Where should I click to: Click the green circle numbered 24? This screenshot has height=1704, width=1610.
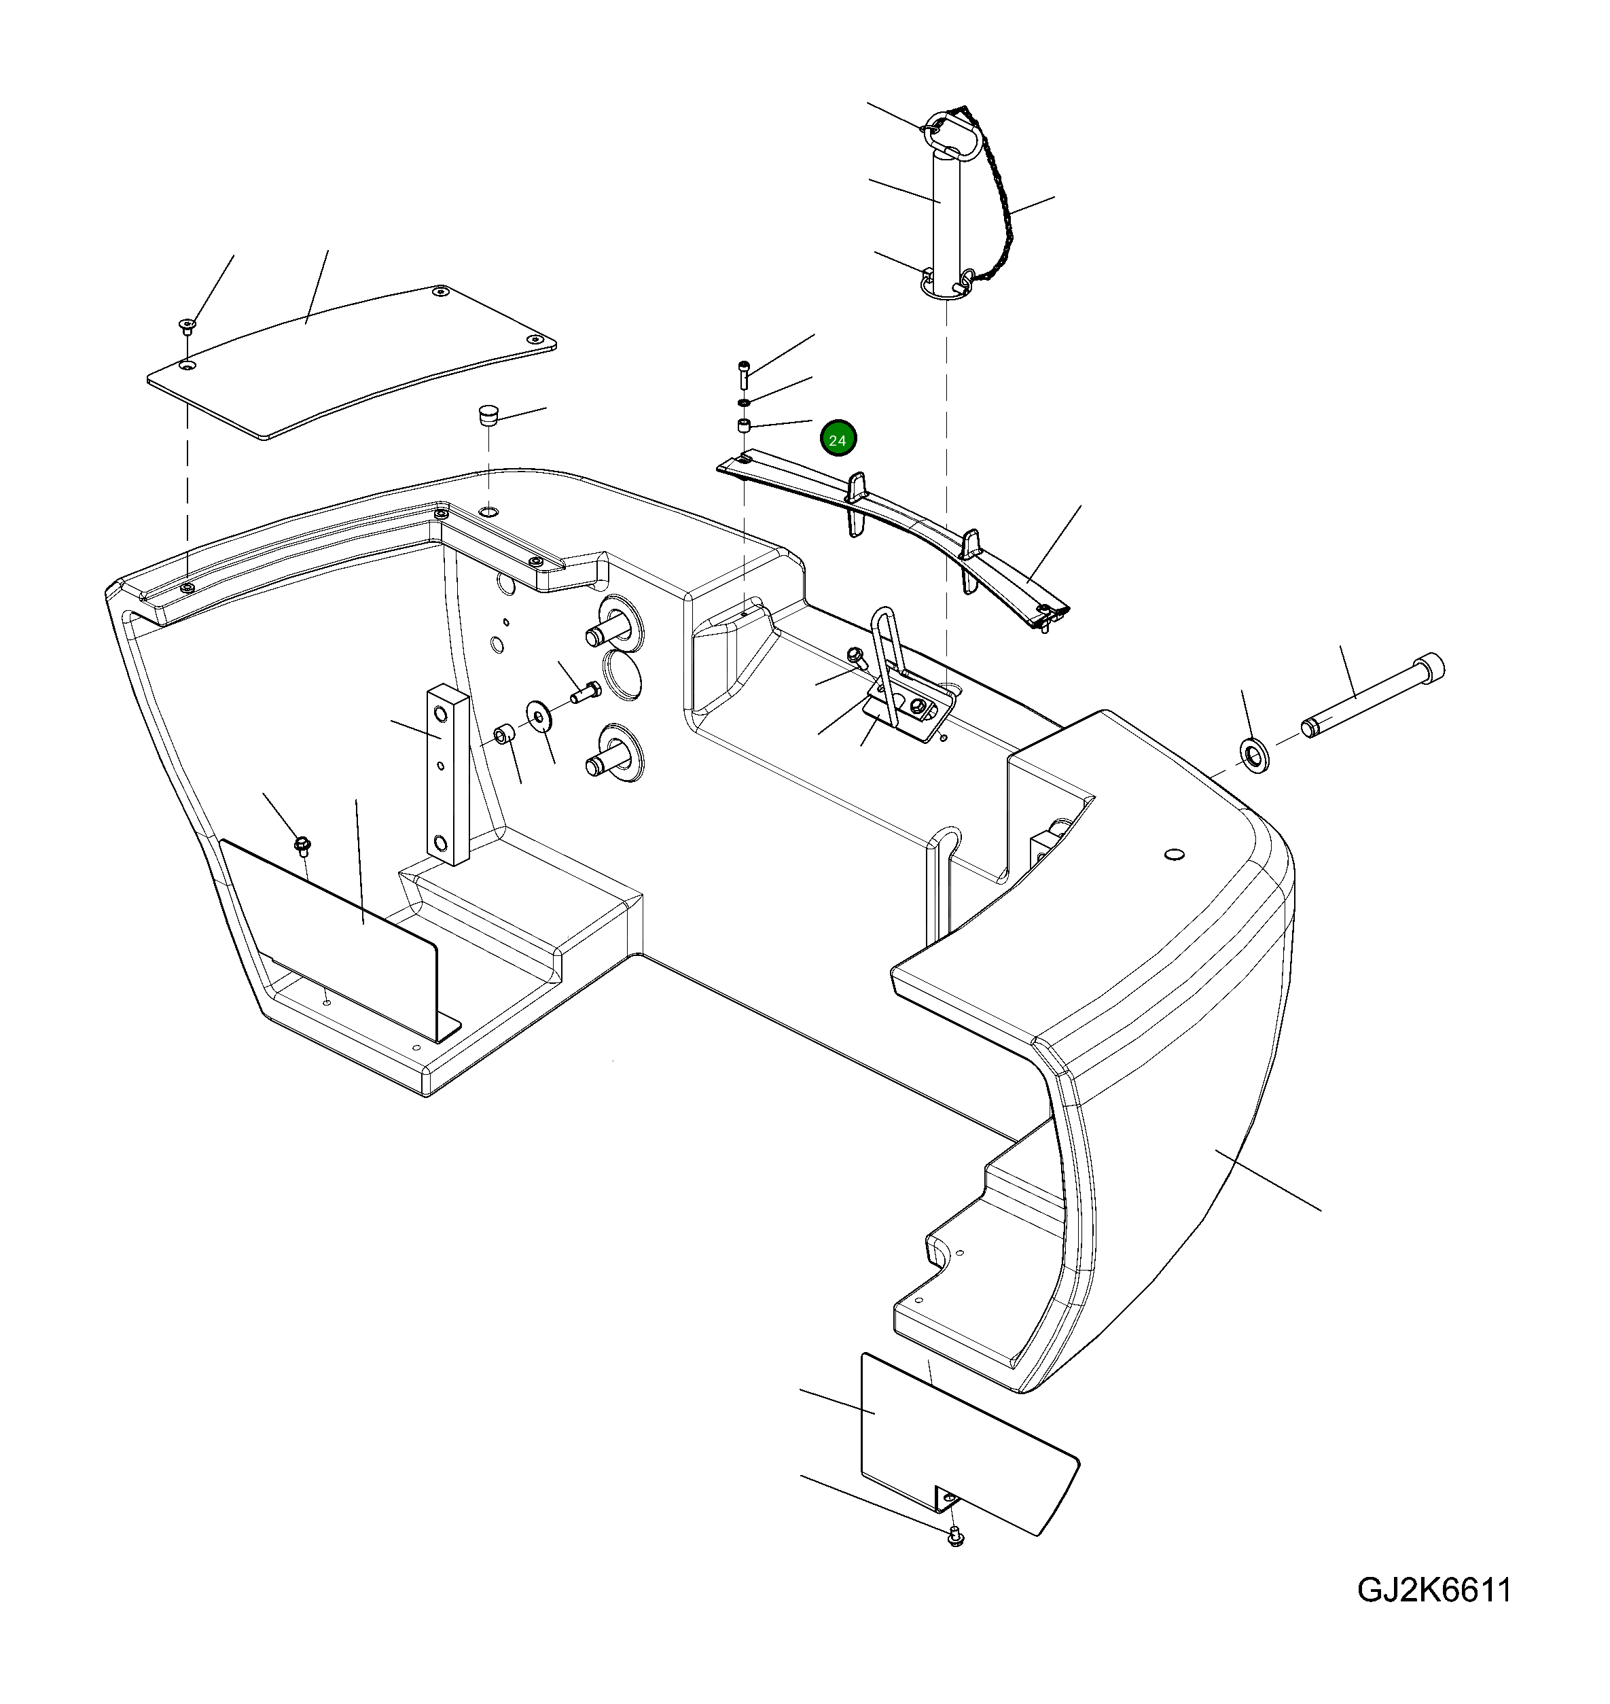(838, 440)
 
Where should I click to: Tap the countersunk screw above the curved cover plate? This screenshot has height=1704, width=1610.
(186, 325)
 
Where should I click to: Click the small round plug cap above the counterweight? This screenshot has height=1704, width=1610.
(488, 416)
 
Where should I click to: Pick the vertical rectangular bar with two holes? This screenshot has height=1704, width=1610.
(446, 773)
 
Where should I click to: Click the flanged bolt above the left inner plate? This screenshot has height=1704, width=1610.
(301, 846)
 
